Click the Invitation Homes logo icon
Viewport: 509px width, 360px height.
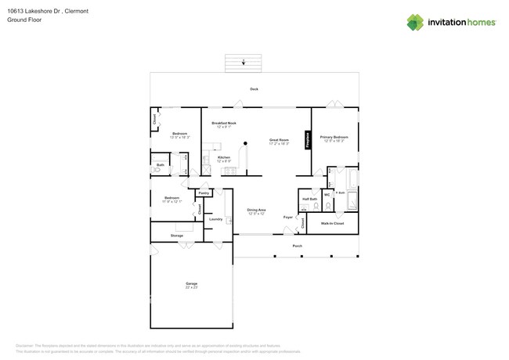pos(415,22)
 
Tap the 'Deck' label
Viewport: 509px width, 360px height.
pos(254,89)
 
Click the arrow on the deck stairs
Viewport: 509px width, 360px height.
pos(243,62)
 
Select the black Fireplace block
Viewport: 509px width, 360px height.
pos(308,140)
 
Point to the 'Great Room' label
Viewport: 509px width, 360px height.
pos(279,140)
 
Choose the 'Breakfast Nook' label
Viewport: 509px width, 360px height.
pos(224,123)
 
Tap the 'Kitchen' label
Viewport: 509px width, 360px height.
pos(224,157)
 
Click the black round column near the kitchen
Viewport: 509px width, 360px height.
pos(245,143)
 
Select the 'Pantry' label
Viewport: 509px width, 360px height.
pos(204,193)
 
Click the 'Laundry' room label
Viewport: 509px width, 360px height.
pos(215,219)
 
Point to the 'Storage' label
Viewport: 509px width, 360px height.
pos(177,236)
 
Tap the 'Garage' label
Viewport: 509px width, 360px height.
pos(191,283)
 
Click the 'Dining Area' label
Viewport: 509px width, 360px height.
pos(256,210)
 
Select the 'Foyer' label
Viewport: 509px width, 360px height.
pos(287,217)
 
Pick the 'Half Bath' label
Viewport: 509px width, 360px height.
pos(309,199)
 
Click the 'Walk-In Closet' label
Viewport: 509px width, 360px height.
pos(332,224)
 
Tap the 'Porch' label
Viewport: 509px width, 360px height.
pos(298,246)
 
